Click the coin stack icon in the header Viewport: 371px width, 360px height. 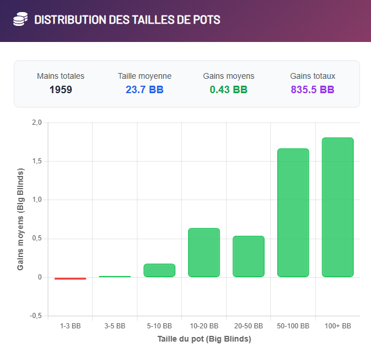coord(20,20)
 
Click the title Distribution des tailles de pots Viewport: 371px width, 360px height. coord(127,20)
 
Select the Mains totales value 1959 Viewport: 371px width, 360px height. coord(60,90)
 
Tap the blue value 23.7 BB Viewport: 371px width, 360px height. coord(144,90)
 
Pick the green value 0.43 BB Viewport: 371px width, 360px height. coord(228,90)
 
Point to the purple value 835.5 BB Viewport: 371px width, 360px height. coord(312,90)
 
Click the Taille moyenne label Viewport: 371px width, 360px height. coord(144,76)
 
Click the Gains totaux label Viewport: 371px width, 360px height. coord(312,76)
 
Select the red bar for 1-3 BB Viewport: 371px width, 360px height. coord(70,278)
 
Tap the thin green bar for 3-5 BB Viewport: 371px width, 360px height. coord(114,277)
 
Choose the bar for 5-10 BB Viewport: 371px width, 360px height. coord(159,270)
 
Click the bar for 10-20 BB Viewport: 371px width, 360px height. coord(204,252)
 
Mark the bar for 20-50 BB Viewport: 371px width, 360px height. coord(248,256)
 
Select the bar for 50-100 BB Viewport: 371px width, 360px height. coord(293,213)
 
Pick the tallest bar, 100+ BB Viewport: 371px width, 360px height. coord(338,207)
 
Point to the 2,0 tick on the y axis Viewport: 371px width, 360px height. coord(37,122)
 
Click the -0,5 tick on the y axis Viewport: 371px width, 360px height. coord(36,316)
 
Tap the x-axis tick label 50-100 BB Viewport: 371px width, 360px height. coord(293,326)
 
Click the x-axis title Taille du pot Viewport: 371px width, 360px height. coord(204,339)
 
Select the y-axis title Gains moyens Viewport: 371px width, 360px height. coord(21,219)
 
